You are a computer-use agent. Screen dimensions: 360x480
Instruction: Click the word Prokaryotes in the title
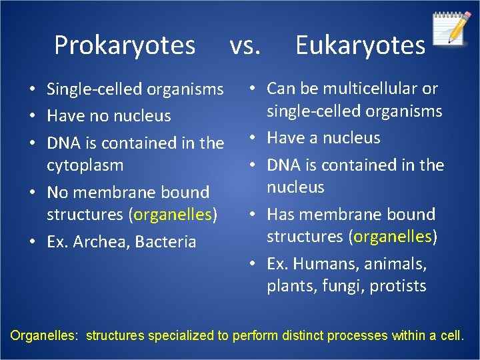(125, 45)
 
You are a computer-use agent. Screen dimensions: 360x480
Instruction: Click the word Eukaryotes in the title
(360, 45)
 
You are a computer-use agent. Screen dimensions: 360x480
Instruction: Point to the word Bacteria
(165, 241)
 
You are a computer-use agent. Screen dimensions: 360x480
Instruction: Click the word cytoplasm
(85, 165)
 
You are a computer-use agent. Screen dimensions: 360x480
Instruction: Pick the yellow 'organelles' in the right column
(394, 237)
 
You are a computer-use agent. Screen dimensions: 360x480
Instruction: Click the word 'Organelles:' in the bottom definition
(45, 335)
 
